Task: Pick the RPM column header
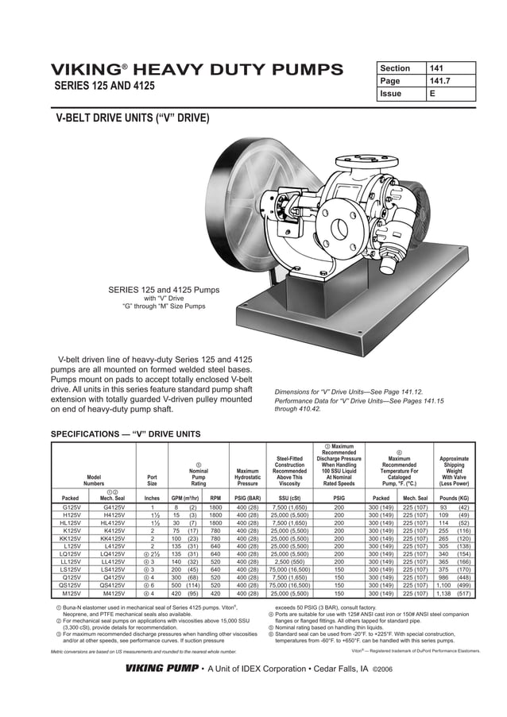tap(215, 498)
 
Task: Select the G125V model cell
tap(72, 507)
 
